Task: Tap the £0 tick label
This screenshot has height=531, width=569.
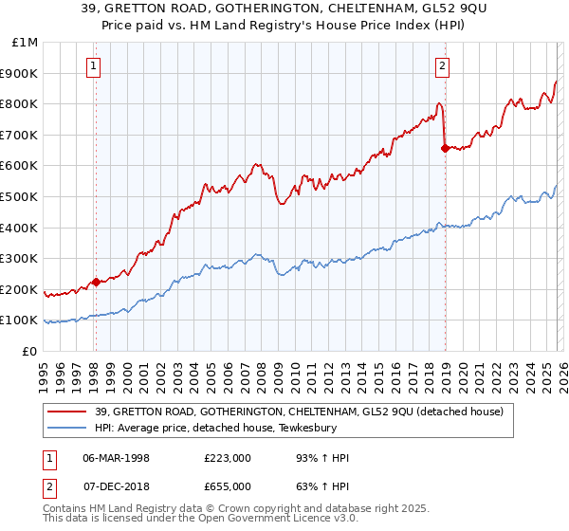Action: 29,351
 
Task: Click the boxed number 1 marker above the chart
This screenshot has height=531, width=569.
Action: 95,65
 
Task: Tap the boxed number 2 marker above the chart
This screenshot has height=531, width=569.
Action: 443,65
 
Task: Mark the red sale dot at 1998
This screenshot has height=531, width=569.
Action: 96,282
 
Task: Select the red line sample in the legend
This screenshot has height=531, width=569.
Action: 67,412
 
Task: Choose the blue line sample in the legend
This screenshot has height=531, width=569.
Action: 67,428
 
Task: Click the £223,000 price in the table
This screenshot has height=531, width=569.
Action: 228,458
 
